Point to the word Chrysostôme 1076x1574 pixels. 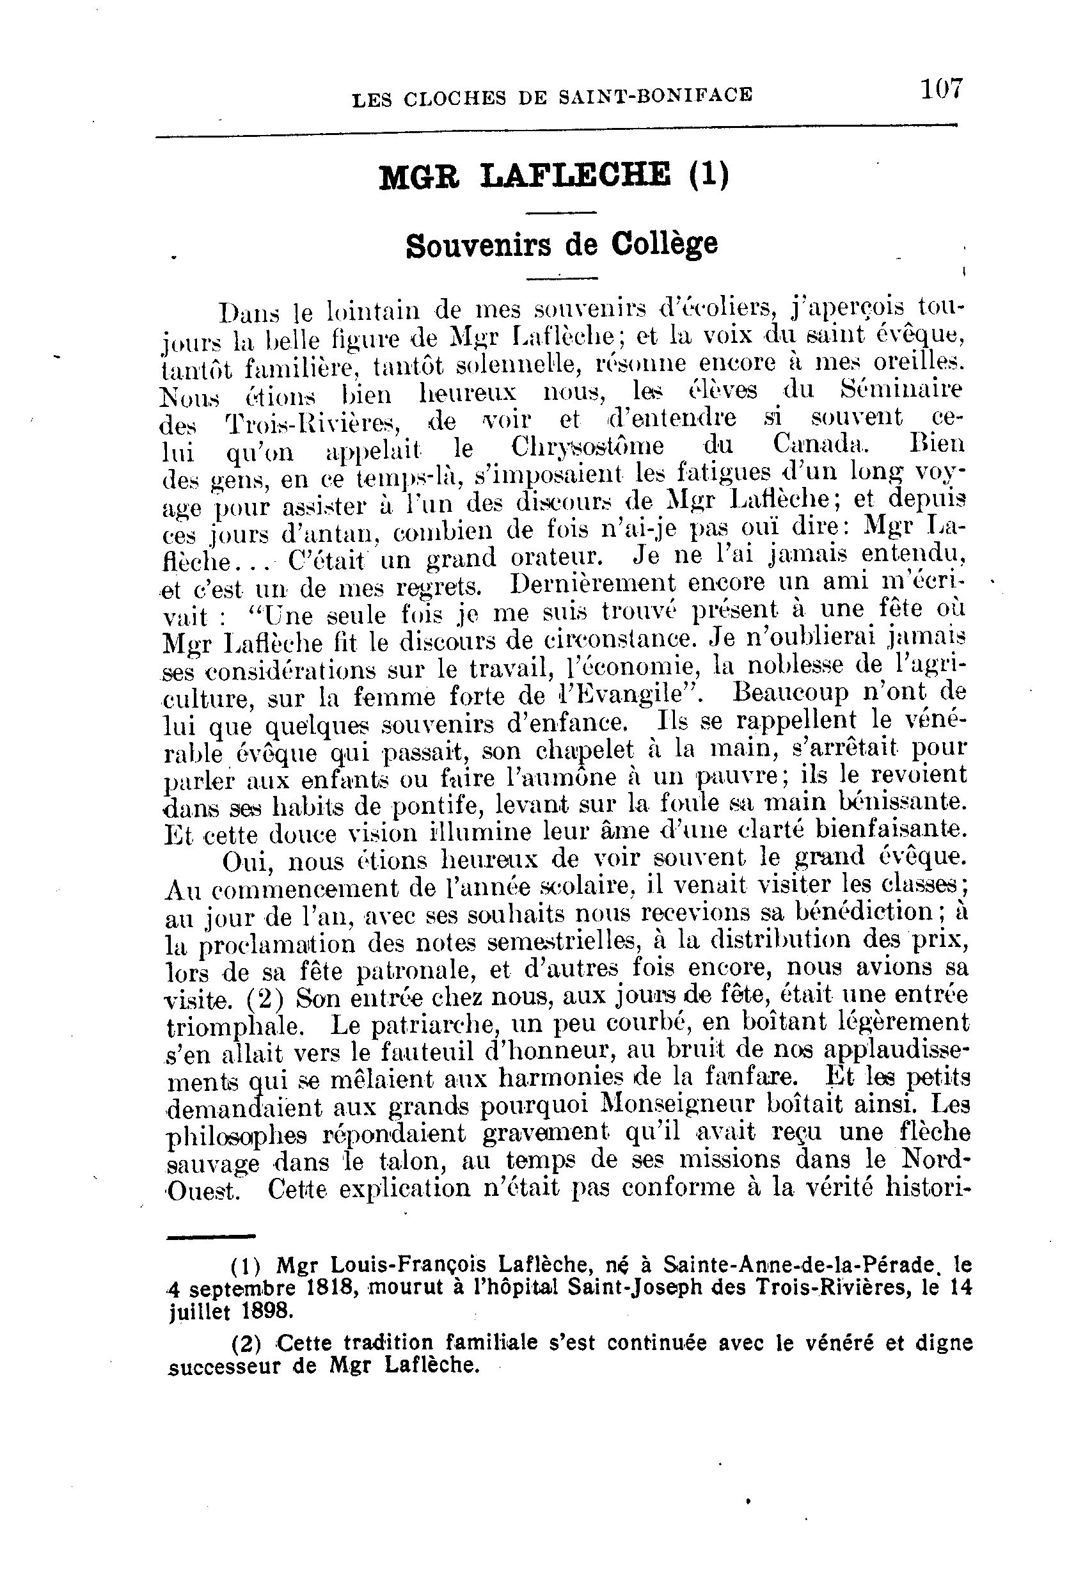(x=587, y=447)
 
